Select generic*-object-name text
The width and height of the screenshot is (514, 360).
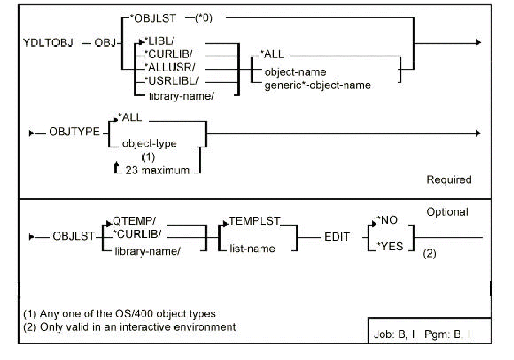317,85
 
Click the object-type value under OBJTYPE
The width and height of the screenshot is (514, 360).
149,143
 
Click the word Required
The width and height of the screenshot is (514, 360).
449,180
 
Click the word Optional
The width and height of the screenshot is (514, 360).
447,212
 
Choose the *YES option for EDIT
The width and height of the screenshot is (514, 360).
391,246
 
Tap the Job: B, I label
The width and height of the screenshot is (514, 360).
394,334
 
